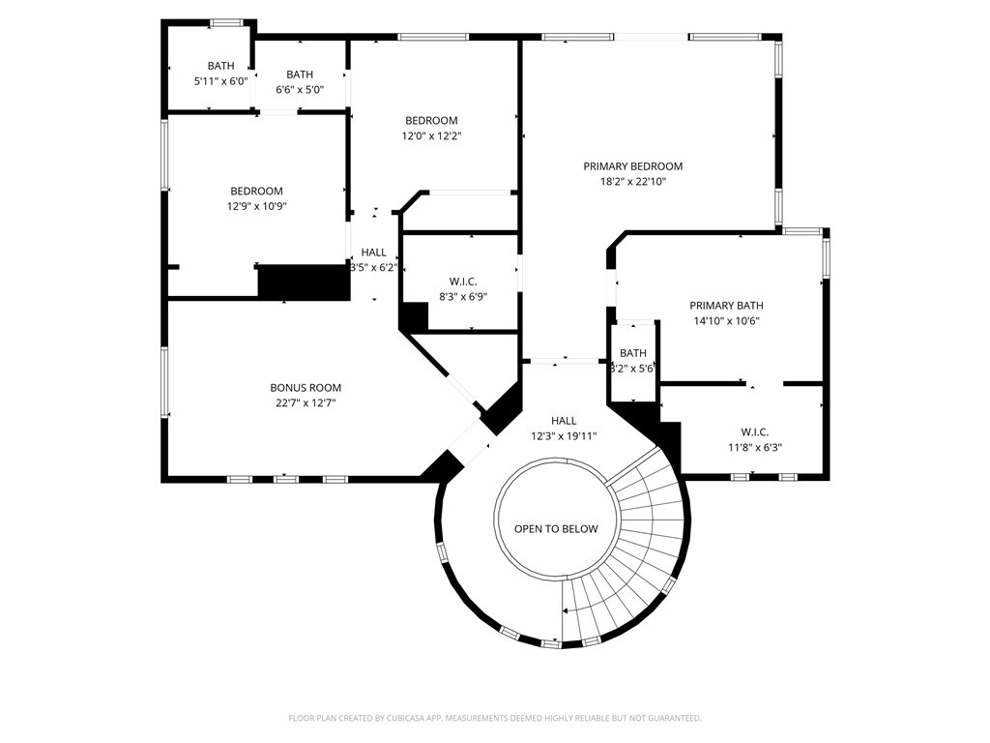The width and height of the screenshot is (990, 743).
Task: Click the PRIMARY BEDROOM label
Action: [632, 166]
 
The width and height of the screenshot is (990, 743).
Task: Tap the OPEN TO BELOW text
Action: [556, 529]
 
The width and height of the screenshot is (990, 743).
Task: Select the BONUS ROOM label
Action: [306, 388]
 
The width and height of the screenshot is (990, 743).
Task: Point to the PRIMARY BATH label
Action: [726, 305]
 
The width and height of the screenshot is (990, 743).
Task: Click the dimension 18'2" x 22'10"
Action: [632, 182]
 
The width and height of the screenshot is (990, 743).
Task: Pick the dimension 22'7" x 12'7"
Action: [306, 403]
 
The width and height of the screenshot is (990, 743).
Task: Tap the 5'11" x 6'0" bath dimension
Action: [221, 81]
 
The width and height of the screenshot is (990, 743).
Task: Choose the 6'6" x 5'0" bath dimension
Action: [300, 90]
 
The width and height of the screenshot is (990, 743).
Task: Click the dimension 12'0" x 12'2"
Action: [432, 135]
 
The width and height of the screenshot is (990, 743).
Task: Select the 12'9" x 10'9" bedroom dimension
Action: [257, 206]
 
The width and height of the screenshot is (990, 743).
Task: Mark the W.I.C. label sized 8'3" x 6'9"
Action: [463, 282]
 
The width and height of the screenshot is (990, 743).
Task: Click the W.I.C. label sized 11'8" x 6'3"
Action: [754, 432]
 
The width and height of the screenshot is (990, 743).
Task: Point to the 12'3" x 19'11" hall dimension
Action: [564, 436]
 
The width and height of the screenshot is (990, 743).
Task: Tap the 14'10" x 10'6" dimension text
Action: [726, 320]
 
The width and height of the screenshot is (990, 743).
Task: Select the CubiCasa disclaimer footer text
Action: [495, 718]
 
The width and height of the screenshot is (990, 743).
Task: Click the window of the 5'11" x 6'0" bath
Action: [226, 23]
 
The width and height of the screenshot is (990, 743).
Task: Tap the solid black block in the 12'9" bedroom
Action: [304, 282]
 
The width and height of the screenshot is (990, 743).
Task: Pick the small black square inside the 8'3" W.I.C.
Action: [415, 316]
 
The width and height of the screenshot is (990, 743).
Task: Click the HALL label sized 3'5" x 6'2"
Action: [374, 253]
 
